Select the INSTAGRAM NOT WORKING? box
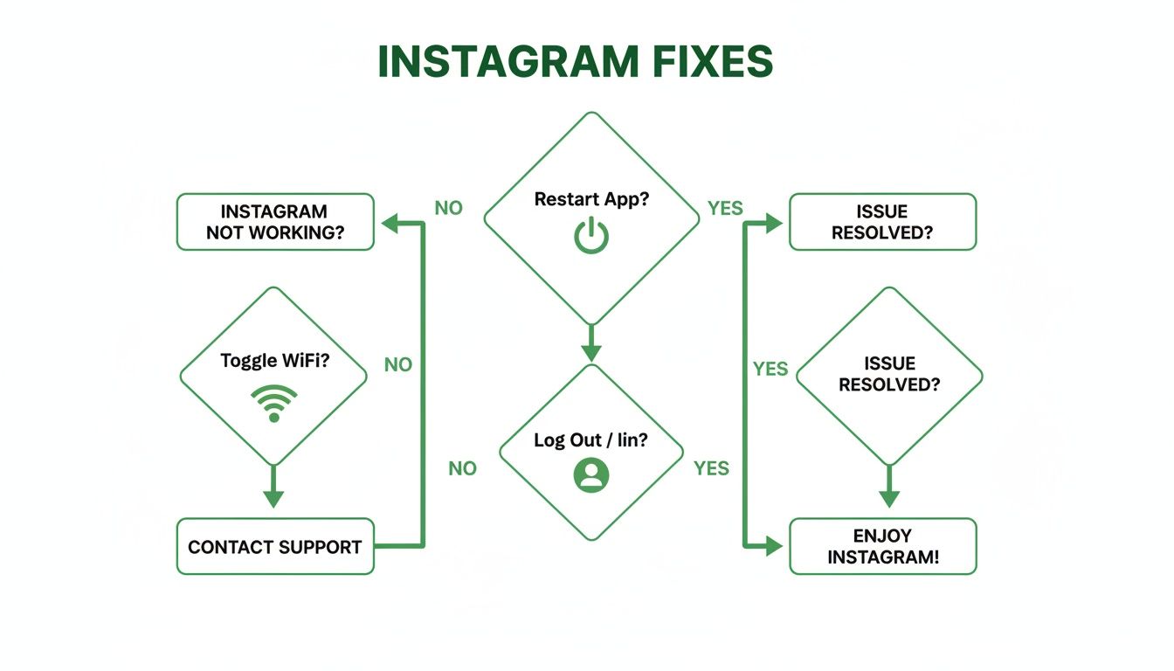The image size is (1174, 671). coord(275,222)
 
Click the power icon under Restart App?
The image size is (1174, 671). coord(591,237)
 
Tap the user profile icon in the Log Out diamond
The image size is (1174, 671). coord(591,474)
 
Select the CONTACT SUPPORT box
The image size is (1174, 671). coord(275,547)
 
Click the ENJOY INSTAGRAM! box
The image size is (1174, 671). coord(882,546)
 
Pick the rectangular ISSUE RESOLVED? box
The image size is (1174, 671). coord(882,222)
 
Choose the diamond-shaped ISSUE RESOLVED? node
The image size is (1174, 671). coord(889,376)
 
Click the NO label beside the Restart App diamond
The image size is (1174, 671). coord(448,208)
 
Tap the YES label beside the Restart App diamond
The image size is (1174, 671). coord(725,208)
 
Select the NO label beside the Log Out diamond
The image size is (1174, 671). coord(462,468)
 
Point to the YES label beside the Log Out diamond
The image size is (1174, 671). coord(711,468)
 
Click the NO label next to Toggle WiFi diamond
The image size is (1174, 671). coord(398,364)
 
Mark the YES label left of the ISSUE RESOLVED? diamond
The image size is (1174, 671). coord(770,369)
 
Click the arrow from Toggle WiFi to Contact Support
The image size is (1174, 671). coord(273,487)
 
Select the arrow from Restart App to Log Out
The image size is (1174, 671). coord(591,343)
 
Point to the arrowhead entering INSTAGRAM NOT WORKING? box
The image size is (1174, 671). coord(388,224)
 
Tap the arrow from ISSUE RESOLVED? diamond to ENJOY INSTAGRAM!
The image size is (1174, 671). coord(889,487)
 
